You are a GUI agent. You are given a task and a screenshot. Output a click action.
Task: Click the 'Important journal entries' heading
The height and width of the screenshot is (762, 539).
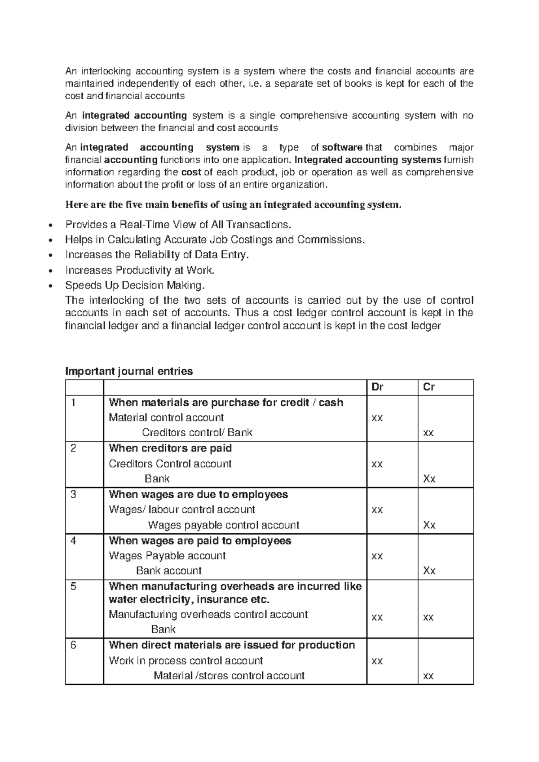pyautogui.click(x=129, y=371)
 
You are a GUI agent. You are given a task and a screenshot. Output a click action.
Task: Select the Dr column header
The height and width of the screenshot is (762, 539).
pyautogui.click(x=377, y=387)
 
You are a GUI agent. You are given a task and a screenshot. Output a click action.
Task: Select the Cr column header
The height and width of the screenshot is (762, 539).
pyautogui.click(x=429, y=387)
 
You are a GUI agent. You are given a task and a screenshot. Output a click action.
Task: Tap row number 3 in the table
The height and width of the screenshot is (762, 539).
pyautogui.click(x=74, y=495)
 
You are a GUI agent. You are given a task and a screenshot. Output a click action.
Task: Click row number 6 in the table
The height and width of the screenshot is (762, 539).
pyautogui.click(x=74, y=645)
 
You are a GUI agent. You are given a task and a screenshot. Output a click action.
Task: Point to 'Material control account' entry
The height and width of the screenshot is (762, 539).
pyautogui.click(x=166, y=417)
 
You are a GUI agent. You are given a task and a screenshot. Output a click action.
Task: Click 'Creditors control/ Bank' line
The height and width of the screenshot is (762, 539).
pyautogui.click(x=197, y=433)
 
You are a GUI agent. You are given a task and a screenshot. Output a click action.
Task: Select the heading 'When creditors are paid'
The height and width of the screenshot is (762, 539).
pyautogui.click(x=170, y=448)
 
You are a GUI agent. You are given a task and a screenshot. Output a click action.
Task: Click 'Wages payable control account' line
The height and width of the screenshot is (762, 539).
pyautogui.click(x=223, y=525)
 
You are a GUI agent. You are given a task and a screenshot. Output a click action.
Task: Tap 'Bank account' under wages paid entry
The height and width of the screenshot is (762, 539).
pyautogui.click(x=168, y=571)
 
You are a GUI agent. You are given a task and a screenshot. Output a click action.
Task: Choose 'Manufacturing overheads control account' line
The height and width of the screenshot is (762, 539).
pyautogui.click(x=208, y=614)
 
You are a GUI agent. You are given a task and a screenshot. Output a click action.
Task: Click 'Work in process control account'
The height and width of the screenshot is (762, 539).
pyautogui.click(x=186, y=660)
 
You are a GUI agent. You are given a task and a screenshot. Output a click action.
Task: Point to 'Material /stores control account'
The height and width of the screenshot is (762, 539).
pyautogui.click(x=229, y=676)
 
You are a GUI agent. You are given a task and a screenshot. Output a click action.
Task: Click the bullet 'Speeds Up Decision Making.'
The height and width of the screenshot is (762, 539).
pyautogui.click(x=135, y=285)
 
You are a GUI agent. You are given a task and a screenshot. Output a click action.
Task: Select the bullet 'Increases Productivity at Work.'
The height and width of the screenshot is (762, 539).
pyautogui.click(x=140, y=270)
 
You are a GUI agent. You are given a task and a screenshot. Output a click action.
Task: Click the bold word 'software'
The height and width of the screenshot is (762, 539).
pyautogui.click(x=342, y=147)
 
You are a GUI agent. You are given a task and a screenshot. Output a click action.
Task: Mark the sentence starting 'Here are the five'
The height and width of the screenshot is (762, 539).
pyautogui.click(x=233, y=205)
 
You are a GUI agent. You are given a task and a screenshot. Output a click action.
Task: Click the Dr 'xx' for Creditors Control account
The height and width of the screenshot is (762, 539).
pyautogui.click(x=377, y=464)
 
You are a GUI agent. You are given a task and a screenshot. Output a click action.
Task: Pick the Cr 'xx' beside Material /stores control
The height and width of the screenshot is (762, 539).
pyautogui.click(x=429, y=676)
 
